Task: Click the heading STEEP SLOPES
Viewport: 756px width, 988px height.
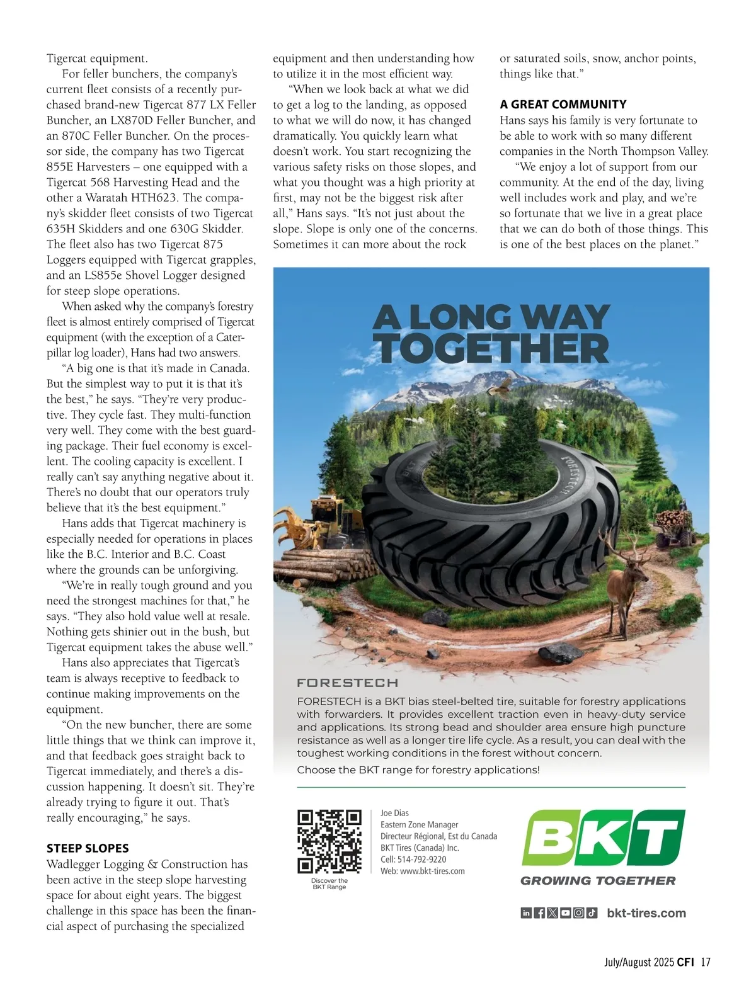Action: click(88, 848)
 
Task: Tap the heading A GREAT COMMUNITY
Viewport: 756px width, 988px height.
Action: click(563, 105)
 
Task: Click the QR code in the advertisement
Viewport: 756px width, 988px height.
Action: click(329, 841)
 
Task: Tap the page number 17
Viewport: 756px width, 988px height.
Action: click(705, 962)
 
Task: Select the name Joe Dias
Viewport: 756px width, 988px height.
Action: click(394, 813)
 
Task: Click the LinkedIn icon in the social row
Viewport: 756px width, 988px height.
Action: click(526, 913)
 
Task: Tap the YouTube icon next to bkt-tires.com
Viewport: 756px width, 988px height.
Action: click(565, 913)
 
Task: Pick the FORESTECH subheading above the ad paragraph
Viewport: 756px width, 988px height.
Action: click(347, 683)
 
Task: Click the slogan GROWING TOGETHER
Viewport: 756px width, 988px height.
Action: click(598, 881)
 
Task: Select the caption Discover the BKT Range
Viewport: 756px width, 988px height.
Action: click(329, 883)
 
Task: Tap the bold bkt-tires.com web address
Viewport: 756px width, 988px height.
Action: click(646, 913)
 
